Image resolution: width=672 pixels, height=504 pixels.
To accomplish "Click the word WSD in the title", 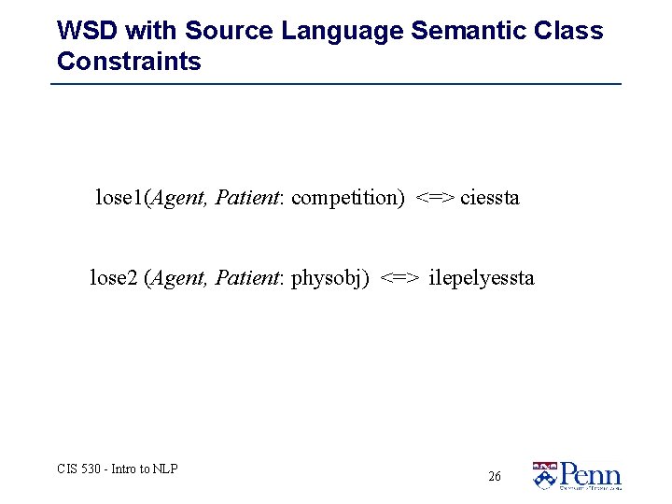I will click(x=87, y=31).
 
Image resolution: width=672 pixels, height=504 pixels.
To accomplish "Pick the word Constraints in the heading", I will click(x=129, y=63).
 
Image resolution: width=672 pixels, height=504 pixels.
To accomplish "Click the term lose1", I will click(x=119, y=198).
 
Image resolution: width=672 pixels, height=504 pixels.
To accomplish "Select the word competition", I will click(x=346, y=198).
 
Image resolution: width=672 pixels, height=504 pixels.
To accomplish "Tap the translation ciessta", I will click(x=489, y=198).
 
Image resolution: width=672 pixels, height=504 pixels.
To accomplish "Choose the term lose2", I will click(x=113, y=277).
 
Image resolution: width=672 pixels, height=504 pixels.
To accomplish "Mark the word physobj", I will click(x=329, y=277).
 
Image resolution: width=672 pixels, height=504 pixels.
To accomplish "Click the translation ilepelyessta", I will click(x=482, y=277).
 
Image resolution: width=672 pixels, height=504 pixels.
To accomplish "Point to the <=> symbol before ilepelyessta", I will click(x=399, y=277).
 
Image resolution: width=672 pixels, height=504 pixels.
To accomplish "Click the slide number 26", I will click(x=495, y=476).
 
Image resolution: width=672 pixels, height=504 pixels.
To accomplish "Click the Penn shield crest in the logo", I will click(x=544, y=476).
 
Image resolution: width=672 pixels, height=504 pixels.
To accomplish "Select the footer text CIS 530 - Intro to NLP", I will click(x=118, y=469).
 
